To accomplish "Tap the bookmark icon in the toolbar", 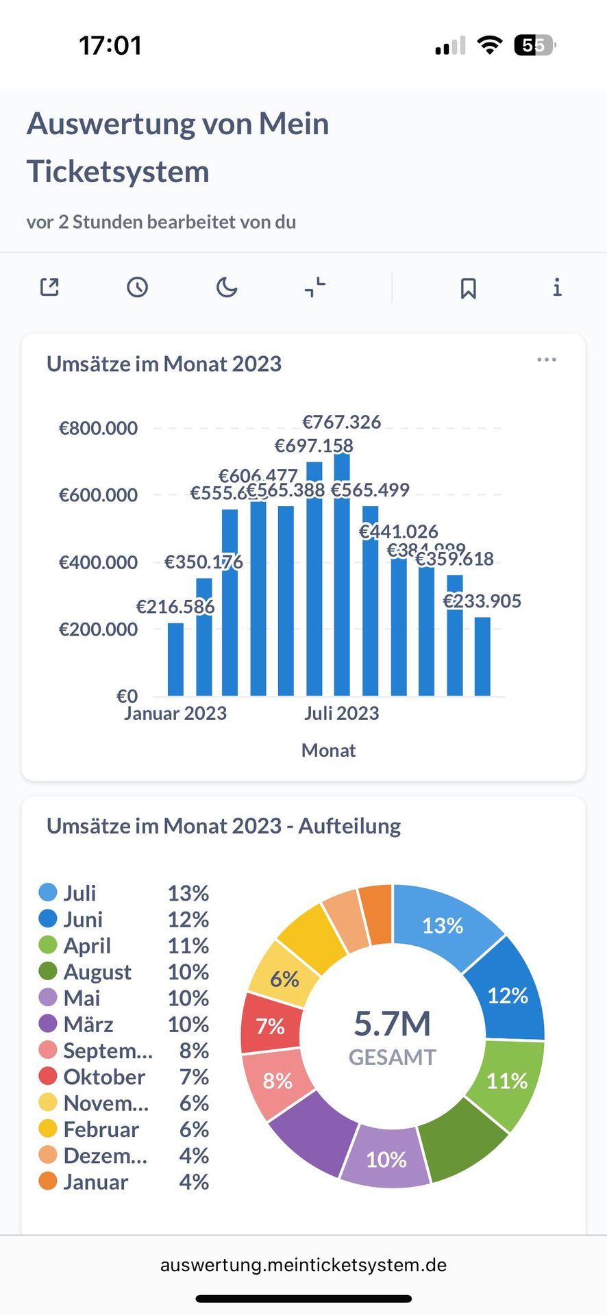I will pos(468,288).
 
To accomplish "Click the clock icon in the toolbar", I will pos(137,287).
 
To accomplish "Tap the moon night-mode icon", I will pos(226,287).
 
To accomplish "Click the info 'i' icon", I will pos(557,287).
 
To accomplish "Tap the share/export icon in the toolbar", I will pos(49,287).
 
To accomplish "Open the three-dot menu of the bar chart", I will pos(546,360).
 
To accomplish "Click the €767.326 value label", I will pos(341,422).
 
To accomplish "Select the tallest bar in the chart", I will pos(342,575).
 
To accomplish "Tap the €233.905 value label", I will pos(482,601).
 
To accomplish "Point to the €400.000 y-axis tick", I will pos(98,562).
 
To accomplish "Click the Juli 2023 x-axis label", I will pos(341,714).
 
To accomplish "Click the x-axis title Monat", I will pos(328,751).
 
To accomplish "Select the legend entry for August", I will pos(97,972).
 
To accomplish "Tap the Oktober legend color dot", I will pos(48,1077).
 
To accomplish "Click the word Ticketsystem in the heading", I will pos(118,171).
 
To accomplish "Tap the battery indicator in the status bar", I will pos(534,46).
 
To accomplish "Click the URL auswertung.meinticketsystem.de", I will pos(303,1265).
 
